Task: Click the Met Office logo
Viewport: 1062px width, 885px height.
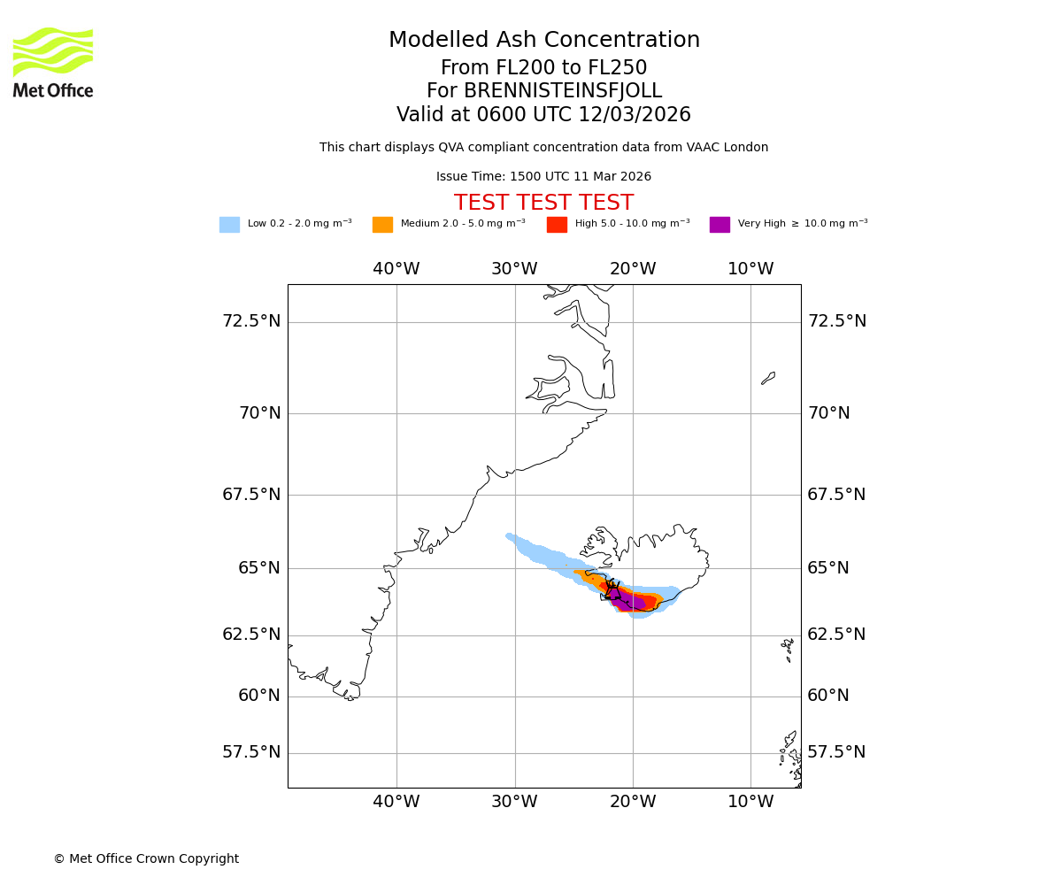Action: pos(53,62)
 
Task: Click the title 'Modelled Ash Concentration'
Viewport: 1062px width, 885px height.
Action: pos(543,41)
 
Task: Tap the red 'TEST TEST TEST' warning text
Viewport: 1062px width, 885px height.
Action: pos(543,203)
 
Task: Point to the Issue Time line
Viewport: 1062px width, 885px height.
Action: pos(543,177)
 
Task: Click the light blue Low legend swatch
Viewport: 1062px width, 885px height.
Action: pos(229,225)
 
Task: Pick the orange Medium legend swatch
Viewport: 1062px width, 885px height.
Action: pos(382,225)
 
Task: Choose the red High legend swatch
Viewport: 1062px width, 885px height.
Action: pos(557,225)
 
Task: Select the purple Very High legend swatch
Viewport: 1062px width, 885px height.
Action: pos(720,225)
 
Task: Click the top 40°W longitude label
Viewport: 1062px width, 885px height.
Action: pos(396,269)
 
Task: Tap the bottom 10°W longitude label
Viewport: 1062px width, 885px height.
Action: pos(750,802)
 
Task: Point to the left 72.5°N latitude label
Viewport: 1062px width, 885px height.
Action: pos(251,321)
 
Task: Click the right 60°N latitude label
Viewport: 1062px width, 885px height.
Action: pos(828,696)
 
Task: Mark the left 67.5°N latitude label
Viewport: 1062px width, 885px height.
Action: pos(251,495)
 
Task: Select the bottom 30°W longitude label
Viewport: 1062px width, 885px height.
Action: pos(514,802)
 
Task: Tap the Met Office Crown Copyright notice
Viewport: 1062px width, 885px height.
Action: pos(146,858)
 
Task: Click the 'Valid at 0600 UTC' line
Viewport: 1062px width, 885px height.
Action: pos(543,115)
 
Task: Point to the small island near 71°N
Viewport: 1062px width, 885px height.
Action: pos(768,378)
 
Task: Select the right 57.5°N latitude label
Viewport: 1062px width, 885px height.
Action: pos(836,752)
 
